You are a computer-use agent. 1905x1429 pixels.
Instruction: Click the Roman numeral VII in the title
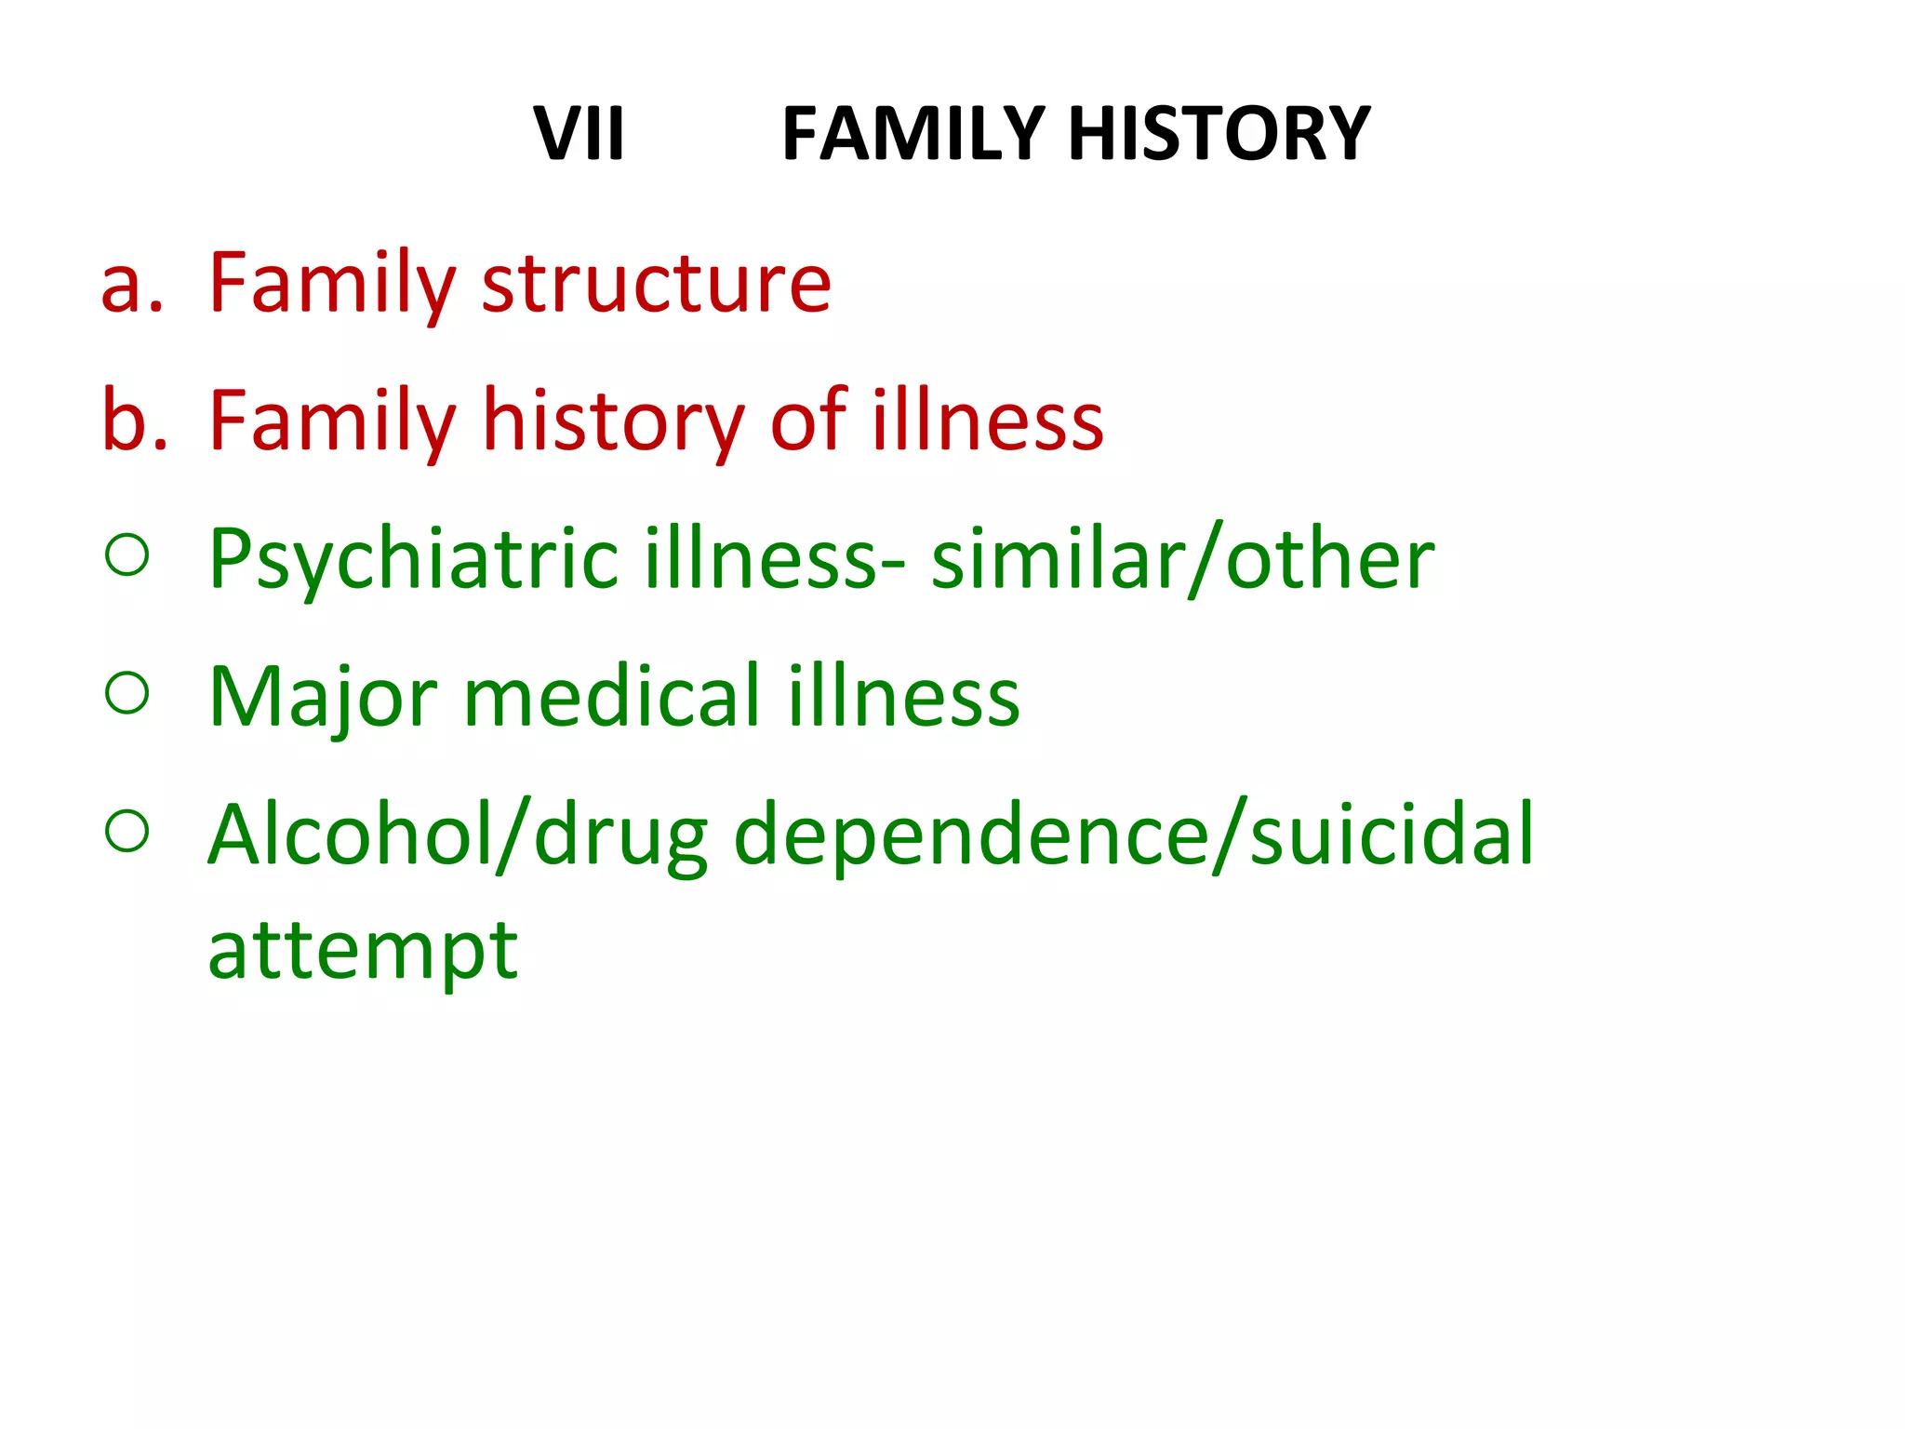pos(579,134)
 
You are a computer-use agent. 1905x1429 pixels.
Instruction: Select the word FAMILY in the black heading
pos(913,134)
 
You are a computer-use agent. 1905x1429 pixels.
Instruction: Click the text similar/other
pos(1182,560)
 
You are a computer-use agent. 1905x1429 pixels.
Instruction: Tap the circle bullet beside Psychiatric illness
pos(127,555)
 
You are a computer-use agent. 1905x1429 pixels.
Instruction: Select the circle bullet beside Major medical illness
pos(127,693)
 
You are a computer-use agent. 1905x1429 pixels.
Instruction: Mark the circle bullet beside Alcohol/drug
pos(127,831)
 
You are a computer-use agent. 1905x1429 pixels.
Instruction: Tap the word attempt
pos(363,951)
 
